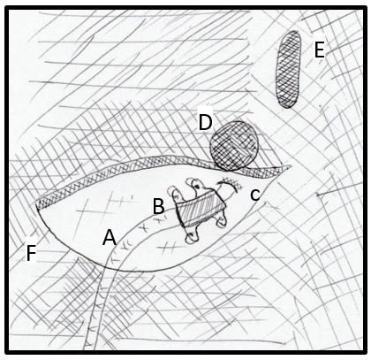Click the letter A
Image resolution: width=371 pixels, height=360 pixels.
110,238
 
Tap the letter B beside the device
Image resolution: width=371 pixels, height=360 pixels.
159,206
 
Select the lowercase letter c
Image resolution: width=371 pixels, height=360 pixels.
255,195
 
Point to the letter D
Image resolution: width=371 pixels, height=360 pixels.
205,122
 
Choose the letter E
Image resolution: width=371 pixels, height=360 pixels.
320,50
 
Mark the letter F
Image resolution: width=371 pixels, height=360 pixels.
31,253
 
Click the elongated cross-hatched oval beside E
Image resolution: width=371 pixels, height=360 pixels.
289,69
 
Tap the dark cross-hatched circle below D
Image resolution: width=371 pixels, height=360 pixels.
233,146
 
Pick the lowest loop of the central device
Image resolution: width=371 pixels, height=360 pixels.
192,237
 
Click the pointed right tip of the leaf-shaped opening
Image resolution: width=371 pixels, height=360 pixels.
291,165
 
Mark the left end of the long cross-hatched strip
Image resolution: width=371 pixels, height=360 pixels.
38,204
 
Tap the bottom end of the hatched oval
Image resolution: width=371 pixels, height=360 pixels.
286,107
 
